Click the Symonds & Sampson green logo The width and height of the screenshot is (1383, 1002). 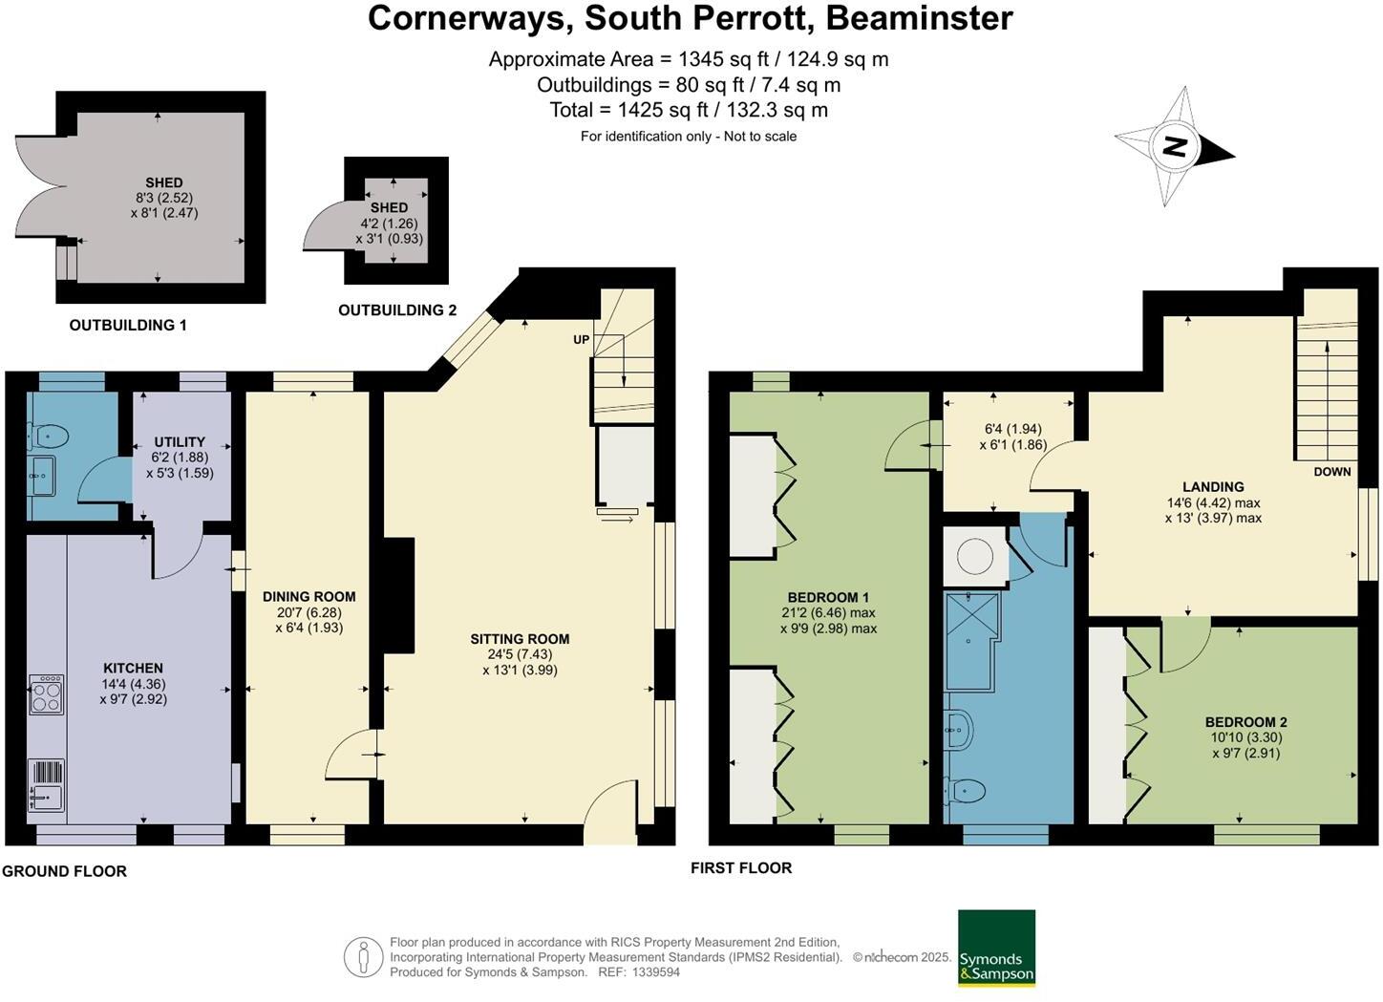(x=996, y=948)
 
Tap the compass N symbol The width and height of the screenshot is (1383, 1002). (x=1176, y=146)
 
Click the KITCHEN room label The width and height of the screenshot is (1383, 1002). (x=133, y=668)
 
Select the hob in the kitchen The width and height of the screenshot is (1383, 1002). (x=47, y=694)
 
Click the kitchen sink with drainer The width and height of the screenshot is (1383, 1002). (x=46, y=784)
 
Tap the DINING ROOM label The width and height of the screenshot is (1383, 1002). (x=309, y=597)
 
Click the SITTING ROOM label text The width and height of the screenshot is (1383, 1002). (x=520, y=639)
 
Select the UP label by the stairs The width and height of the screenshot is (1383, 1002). (x=581, y=340)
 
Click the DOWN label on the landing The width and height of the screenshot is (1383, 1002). (x=1331, y=471)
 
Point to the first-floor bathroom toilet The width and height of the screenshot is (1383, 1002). (x=967, y=791)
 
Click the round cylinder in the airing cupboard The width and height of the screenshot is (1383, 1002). (x=974, y=557)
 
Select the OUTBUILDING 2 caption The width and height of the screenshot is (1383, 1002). (x=397, y=309)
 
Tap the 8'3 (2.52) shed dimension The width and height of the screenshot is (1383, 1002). (x=163, y=198)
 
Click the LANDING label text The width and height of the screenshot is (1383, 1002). (x=1213, y=486)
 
